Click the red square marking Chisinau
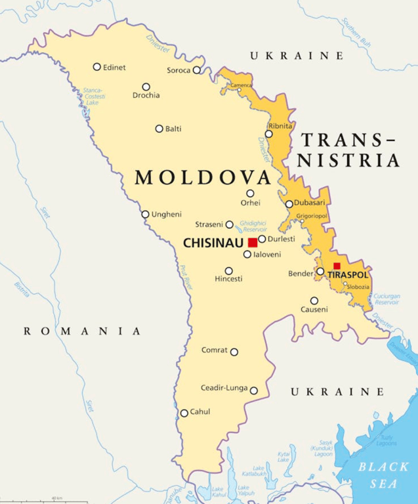point(253,243)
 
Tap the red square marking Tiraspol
point(337,266)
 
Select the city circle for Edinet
point(97,66)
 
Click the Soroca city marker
point(196,70)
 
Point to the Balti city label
point(173,129)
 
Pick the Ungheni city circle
point(146,214)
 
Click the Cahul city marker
point(184,413)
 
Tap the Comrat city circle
point(234,351)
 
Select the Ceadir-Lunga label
point(224,388)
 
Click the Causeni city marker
point(314,301)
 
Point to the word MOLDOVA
point(203,178)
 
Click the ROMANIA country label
point(82,331)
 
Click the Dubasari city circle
point(289,204)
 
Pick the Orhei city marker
point(250,193)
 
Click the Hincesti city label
point(228,279)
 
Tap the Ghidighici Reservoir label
point(253,226)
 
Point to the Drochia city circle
point(146,87)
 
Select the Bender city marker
point(320,271)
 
